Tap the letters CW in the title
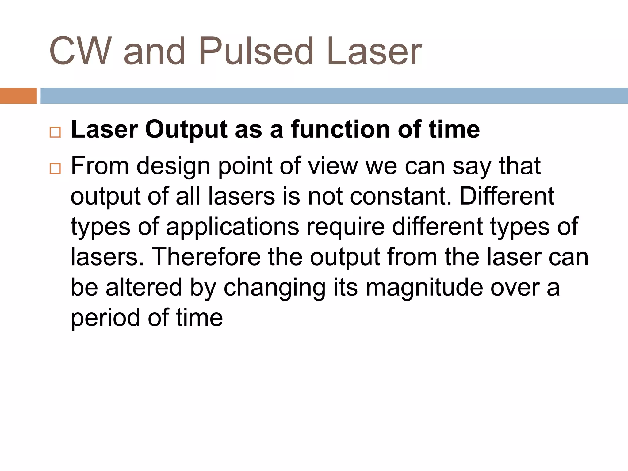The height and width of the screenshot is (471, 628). [80, 52]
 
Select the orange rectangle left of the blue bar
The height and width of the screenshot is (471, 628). [18, 96]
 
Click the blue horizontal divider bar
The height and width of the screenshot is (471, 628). [334, 96]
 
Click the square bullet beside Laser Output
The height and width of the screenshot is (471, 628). [55, 132]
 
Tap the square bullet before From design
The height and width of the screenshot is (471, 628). [55, 169]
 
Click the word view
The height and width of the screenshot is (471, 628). [333, 166]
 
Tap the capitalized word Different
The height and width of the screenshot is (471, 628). [507, 196]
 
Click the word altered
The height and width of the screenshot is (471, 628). [144, 287]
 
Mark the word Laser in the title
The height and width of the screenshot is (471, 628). [374, 52]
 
